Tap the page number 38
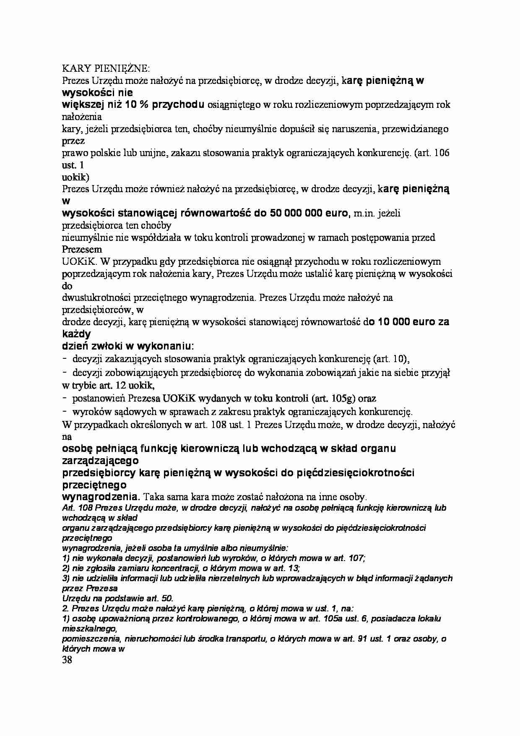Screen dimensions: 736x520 [x=67, y=660]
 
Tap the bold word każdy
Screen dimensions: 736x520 [x=76, y=334]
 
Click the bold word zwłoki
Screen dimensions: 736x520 [x=104, y=346]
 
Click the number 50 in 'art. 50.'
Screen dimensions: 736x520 [x=166, y=599]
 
